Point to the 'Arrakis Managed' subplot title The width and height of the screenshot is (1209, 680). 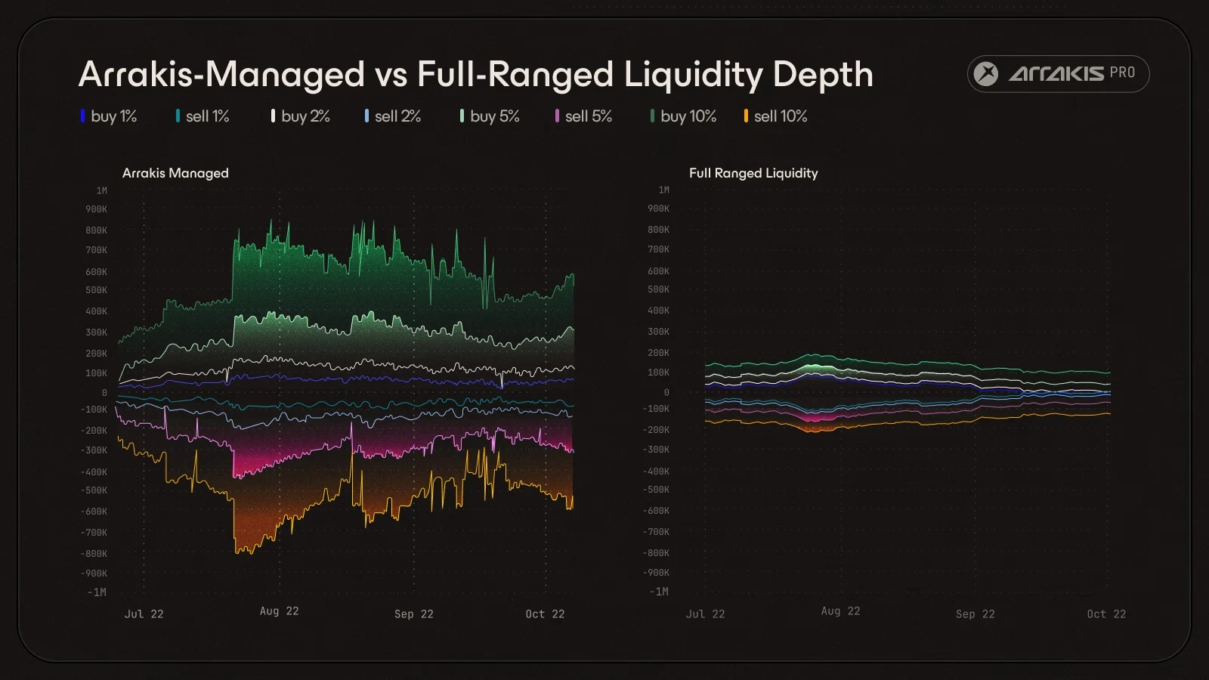point(175,173)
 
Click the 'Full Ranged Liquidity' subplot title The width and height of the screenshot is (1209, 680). point(753,173)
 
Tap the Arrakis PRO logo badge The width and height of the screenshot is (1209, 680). point(1058,74)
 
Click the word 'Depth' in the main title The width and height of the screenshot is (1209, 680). point(823,76)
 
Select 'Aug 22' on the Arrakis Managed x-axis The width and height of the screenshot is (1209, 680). point(280,611)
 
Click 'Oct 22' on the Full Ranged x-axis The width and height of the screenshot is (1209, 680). point(1106,614)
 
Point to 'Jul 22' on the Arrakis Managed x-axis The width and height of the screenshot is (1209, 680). point(144,614)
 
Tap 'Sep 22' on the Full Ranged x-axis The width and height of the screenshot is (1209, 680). point(975,614)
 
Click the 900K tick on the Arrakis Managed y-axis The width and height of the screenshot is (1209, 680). point(96,209)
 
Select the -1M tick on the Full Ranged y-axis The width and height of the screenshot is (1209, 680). point(659,592)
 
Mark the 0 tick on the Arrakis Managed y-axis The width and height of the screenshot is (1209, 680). point(104,393)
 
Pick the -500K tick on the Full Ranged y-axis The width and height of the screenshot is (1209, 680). point(656,490)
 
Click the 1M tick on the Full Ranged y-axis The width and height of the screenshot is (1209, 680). point(663,190)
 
